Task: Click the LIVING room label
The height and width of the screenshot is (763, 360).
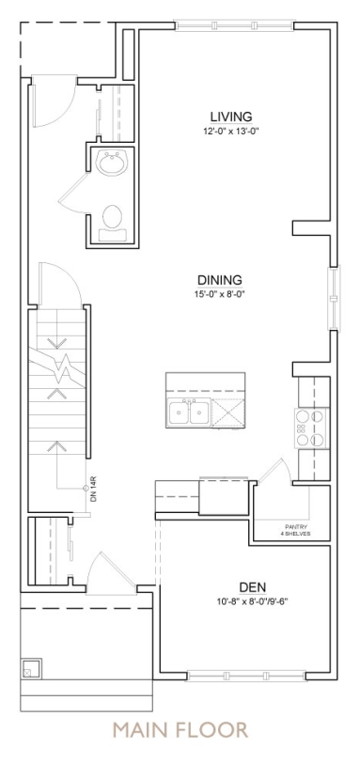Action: pos(231,117)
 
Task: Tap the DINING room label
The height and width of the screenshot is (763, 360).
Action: pos(219,280)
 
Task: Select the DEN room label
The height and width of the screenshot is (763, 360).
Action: pos(253,587)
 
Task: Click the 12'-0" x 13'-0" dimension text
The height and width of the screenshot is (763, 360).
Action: pos(229,131)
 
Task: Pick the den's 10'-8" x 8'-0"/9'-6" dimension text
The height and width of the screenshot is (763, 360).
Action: pos(253,601)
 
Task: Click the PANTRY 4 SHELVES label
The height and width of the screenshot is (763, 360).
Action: pos(296,530)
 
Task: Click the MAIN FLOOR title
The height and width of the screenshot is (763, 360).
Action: pos(180,730)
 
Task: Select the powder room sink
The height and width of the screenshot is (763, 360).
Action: pos(113,163)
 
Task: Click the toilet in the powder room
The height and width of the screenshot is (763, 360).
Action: pos(113,223)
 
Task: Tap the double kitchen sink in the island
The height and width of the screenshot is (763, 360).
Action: pos(188,413)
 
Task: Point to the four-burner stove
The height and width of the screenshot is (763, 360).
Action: pos(310,428)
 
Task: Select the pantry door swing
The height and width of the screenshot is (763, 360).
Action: pos(274,471)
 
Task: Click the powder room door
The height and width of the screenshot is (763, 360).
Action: pos(73,193)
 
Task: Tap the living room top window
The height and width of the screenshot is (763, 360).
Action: pos(234,25)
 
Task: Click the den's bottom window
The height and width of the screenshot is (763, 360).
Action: pos(246,676)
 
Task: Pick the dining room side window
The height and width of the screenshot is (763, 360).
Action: pos(334,298)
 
